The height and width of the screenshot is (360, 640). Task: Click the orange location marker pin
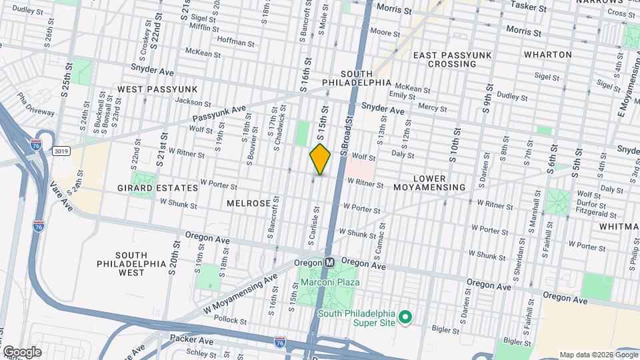[320, 159]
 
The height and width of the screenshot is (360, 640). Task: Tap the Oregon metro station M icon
[329, 263]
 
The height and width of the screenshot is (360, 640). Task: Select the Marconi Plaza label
[329, 283]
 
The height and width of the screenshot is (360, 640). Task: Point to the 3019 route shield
[60, 151]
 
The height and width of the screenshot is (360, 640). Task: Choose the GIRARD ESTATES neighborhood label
[157, 188]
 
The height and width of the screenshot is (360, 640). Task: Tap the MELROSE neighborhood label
[248, 203]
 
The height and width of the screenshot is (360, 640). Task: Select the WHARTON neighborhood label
[547, 54]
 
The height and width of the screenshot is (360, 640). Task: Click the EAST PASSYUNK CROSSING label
[444, 59]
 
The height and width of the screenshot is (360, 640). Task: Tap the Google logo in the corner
[21, 351]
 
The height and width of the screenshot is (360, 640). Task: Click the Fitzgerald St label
[598, 215]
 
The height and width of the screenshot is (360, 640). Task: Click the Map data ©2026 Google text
[598, 354]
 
